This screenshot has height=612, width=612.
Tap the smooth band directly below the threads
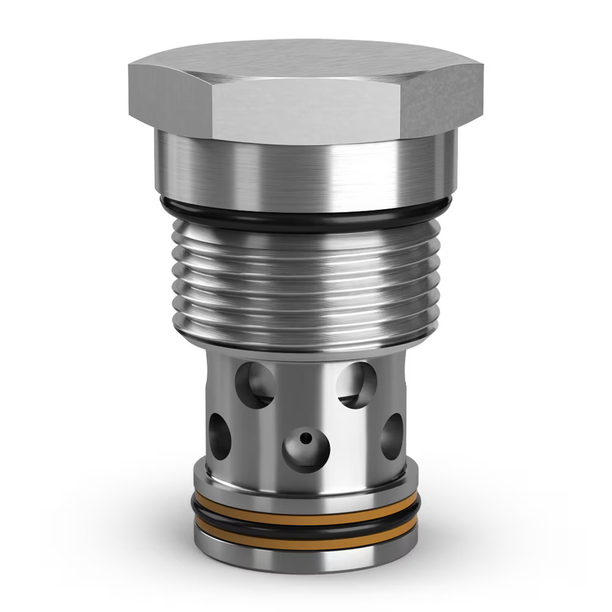pos(306,343)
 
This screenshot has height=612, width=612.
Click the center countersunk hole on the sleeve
pos(306,449)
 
